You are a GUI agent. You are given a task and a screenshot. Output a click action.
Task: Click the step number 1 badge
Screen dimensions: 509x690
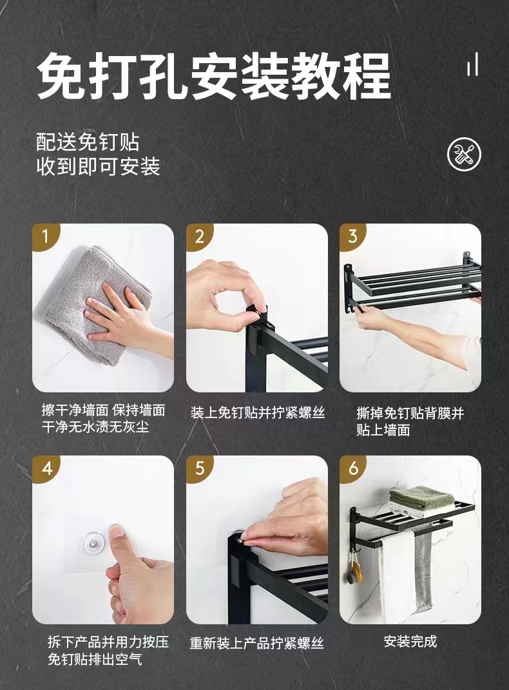(44, 236)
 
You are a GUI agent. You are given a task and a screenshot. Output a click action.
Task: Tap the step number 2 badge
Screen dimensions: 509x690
(199, 236)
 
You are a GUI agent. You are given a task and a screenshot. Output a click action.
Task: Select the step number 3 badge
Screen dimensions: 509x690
(352, 236)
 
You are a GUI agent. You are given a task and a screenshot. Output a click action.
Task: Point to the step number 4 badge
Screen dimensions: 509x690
(46, 468)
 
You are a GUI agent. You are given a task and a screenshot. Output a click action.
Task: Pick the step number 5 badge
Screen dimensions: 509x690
(199, 468)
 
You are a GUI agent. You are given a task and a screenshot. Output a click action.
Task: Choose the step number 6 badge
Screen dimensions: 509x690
(353, 468)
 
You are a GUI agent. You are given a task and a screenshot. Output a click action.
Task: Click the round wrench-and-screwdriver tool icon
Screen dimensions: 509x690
(464, 154)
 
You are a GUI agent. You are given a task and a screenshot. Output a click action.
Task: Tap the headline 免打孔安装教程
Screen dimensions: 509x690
(214, 75)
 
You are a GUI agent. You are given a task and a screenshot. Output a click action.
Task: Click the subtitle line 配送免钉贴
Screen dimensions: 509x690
(88, 142)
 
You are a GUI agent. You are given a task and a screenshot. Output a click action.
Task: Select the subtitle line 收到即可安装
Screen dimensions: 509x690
(98, 166)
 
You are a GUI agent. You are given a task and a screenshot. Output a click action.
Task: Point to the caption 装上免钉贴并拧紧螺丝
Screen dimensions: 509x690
(258, 413)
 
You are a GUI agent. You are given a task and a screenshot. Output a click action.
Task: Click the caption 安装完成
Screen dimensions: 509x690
(410, 642)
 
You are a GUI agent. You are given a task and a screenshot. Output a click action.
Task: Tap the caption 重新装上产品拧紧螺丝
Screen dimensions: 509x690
(257, 644)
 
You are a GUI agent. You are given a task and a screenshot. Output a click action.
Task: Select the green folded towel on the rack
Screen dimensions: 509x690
(421, 497)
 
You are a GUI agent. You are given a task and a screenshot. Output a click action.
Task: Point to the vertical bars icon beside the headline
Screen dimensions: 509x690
(472, 64)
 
